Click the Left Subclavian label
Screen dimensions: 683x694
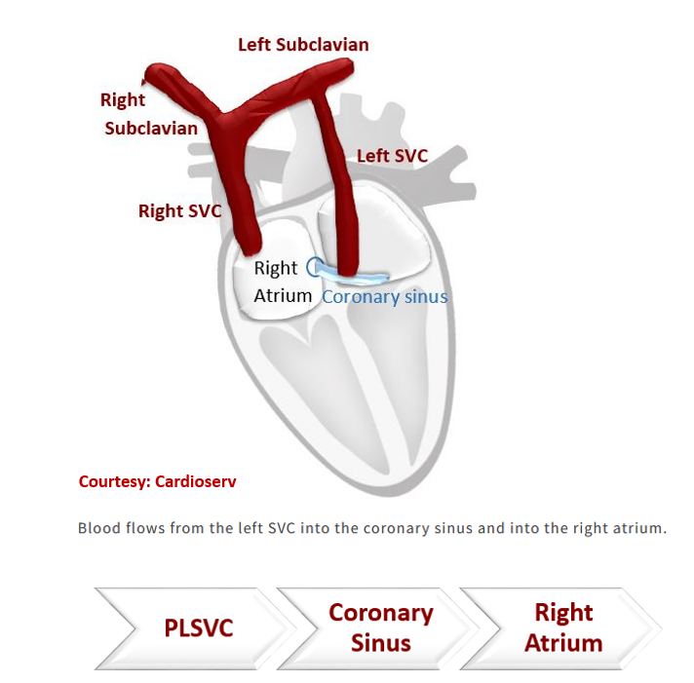tap(303, 45)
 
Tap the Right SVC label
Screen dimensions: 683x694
tap(179, 210)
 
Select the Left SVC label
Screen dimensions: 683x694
tap(392, 156)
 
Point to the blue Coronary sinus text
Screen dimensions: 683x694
tap(385, 296)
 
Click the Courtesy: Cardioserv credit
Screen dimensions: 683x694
tap(157, 481)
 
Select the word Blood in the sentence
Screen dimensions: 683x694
tap(98, 529)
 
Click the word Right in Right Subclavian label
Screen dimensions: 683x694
tap(123, 100)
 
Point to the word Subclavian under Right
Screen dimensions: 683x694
tap(150, 128)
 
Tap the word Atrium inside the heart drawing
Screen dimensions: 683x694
tap(283, 295)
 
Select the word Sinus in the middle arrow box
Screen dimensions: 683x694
tap(381, 643)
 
